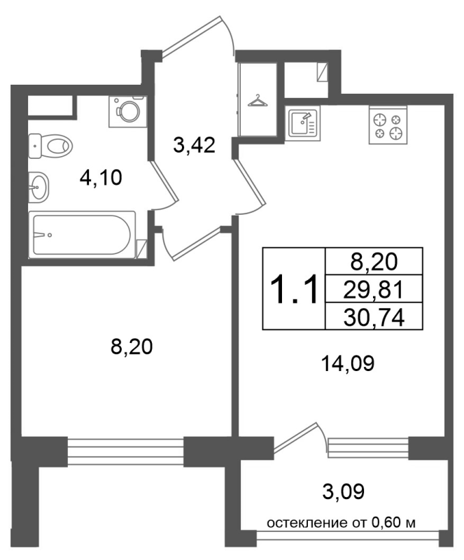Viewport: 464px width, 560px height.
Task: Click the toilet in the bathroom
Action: [50, 146]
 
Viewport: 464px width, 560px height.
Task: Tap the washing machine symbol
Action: [128, 111]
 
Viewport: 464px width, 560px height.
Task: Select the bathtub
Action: [82, 234]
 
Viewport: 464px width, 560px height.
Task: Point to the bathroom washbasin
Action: [38, 186]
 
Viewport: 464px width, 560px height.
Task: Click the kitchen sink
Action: [303, 122]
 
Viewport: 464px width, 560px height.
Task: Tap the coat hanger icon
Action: [258, 101]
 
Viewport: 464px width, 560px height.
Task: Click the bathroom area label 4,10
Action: [101, 178]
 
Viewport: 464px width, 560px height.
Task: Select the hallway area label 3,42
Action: [194, 146]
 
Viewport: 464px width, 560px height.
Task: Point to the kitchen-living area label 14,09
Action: [348, 363]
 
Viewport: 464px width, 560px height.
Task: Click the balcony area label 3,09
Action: [343, 491]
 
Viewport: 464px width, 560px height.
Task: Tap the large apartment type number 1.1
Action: [294, 288]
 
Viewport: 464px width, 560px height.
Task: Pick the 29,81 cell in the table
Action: [374, 289]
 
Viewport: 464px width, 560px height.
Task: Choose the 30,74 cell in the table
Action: [374, 316]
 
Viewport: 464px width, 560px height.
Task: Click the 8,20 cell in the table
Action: [374, 261]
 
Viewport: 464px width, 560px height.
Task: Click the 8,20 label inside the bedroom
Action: [132, 346]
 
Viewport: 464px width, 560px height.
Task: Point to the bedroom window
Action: [125, 451]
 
